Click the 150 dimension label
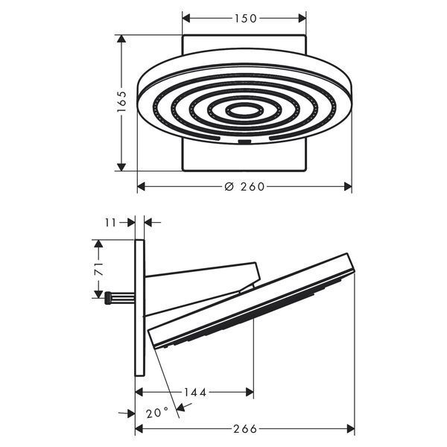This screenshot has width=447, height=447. (245, 19)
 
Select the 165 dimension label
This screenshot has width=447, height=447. (121, 101)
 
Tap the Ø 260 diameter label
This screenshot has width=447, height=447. (244, 187)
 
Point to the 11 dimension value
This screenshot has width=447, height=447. (111, 222)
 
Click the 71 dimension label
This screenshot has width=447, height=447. (99, 269)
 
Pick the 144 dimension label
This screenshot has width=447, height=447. (194, 393)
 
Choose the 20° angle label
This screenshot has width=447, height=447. (157, 413)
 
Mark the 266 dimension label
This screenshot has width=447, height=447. (245, 428)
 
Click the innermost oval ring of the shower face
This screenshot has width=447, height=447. (244, 110)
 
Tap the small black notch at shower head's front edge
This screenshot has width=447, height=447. (244, 142)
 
